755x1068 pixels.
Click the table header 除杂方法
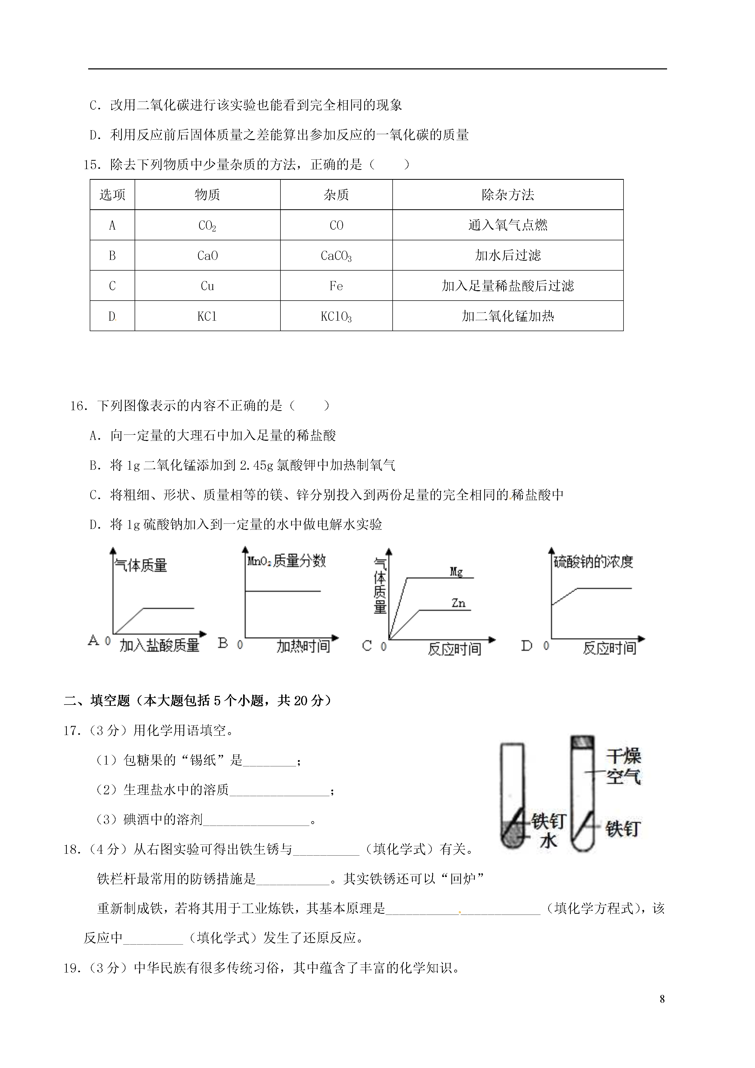507,194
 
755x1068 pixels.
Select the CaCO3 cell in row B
336,255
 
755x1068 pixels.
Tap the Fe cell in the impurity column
336,286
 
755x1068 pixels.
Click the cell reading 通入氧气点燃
507,225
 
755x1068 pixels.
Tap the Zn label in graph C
458,603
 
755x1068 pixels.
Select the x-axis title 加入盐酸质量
159,645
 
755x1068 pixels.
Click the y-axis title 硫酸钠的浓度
593,562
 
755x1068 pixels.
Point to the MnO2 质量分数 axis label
286,561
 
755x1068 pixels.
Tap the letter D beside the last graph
526,646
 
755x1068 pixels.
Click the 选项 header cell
112,194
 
